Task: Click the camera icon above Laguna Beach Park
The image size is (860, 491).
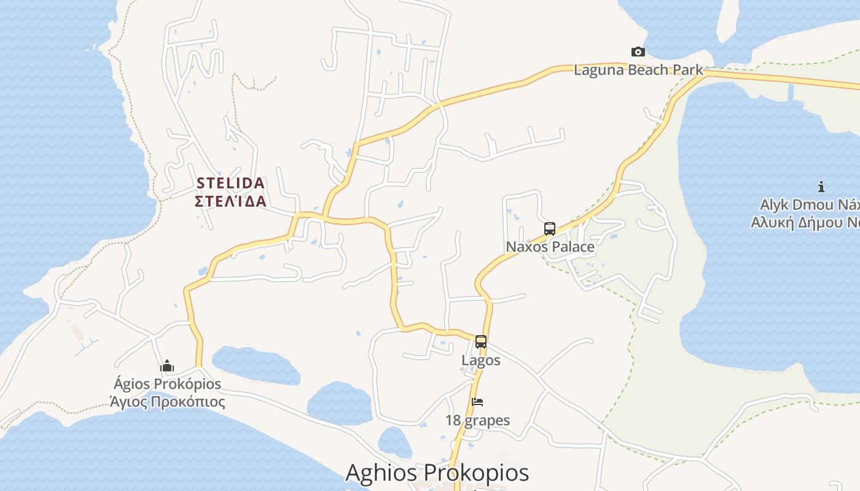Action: pos(638,52)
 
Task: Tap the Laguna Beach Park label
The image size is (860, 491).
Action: pos(638,70)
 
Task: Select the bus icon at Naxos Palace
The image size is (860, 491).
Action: pos(550,229)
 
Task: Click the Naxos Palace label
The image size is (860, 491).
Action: pos(550,247)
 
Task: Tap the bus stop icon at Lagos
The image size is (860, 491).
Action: pos(481,342)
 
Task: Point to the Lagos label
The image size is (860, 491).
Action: pos(481,360)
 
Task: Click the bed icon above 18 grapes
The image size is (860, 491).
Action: pos(477,403)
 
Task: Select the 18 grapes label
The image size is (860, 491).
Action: pos(478,420)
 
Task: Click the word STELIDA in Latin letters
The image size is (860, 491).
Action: pos(230,183)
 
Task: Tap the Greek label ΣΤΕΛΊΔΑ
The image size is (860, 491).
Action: pos(230,201)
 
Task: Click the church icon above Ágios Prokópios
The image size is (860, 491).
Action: pos(167,366)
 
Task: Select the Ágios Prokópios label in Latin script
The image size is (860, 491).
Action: pos(167,384)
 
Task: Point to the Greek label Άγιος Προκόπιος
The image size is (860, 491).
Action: pos(167,402)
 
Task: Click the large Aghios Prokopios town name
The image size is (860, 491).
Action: pos(437,473)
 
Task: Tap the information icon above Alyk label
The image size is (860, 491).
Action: pos(821,187)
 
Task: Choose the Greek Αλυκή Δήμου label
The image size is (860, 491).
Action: pos(805,222)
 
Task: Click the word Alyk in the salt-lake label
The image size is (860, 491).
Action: pos(776,204)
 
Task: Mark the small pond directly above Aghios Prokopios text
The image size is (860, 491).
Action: pos(394,442)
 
